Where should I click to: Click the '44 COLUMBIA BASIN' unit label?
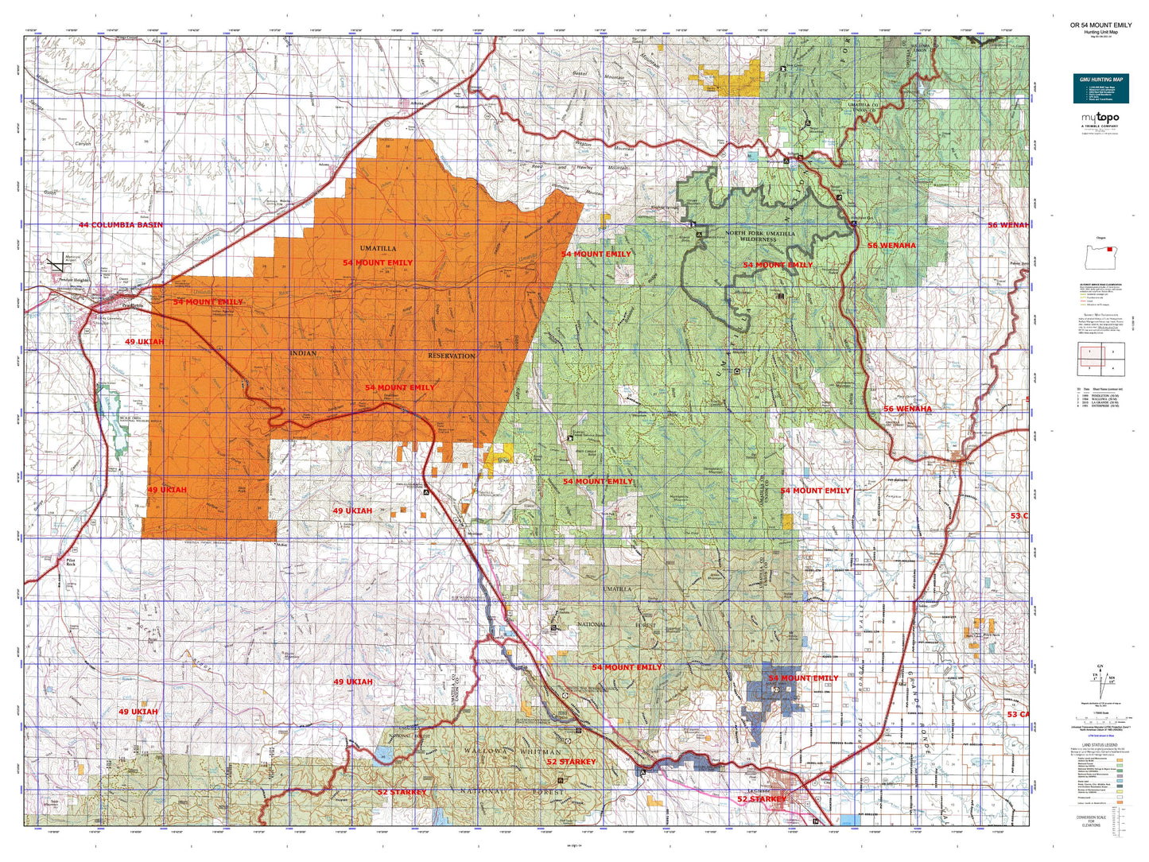pos(120,225)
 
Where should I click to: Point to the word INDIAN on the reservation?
pos(303,352)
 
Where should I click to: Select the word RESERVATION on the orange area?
pos(451,355)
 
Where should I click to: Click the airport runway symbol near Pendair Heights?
pos(55,261)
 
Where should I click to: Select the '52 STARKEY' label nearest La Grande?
pos(761,798)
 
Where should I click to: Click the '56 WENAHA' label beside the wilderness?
pos(891,246)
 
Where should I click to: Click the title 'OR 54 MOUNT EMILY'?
pos(1100,25)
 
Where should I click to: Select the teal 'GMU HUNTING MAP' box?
pos(1100,88)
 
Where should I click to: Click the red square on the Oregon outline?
pos(1110,247)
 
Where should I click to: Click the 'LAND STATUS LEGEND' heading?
pos(1100,745)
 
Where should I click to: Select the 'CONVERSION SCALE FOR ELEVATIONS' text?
pos(1091,820)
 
